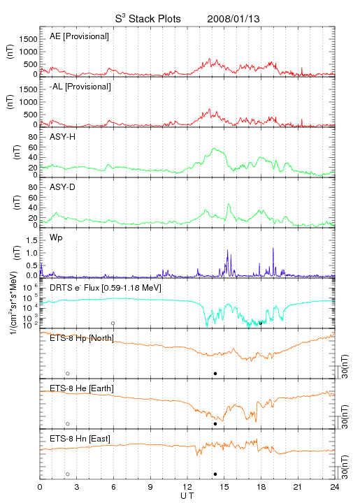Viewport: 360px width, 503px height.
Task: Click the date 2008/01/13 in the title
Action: (x=233, y=19)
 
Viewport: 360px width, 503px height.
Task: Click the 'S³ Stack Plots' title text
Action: (x=148, y=19)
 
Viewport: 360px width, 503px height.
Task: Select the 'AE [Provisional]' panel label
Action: (x=79, y=36)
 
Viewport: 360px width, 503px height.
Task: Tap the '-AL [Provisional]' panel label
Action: (x=80, y=87)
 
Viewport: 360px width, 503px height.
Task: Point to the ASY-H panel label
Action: (x=63, y=137)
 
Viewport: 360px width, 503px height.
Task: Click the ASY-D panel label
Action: (x=63, y=187)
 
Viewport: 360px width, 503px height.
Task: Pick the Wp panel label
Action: (x=56, y=238)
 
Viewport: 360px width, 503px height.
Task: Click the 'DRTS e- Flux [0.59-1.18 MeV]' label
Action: (x=106, y=288)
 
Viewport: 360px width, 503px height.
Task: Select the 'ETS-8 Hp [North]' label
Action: (x=82, y=338)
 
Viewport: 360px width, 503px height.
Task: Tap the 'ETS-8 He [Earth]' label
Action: (x=82, y=388)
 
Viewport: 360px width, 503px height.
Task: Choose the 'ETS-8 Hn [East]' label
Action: (x=80, y=439)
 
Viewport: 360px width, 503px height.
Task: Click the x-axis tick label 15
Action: (x=224, y=487)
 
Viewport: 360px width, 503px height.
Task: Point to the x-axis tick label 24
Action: (x=335, y=487)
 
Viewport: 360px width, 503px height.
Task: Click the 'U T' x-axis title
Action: (x=187, y=496)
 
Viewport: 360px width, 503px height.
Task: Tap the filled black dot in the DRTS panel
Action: (x=261, y=323)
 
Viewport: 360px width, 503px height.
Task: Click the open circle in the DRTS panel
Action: (x=113, y=323)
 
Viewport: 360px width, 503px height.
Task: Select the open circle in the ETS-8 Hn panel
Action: (x=68, y=474)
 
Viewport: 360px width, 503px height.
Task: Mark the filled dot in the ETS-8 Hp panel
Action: (x=215, y=373)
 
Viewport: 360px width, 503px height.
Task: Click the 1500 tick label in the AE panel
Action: (x=28, y=39)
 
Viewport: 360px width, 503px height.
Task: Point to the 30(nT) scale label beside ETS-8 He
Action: (x=345, y=416)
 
